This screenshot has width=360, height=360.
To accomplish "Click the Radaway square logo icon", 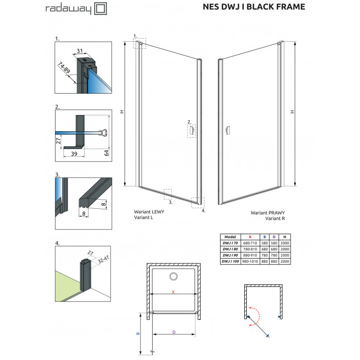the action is tap(101, 9).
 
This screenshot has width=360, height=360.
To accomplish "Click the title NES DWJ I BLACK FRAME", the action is tap(254, 7).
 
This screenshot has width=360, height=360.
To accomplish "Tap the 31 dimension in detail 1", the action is tap(80, 51).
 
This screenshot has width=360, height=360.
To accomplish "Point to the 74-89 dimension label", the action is tap(64, 67).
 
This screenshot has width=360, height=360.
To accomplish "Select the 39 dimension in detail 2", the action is tap(74, 154).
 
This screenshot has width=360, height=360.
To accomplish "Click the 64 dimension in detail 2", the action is tap(106, 153).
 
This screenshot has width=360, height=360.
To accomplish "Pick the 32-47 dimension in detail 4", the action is tap(103, 259).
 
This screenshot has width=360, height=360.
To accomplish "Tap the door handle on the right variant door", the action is tap(228, 130).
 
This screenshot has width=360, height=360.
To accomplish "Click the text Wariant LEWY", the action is tap(149, 212).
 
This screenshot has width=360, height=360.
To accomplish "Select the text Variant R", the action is tap(275, 219).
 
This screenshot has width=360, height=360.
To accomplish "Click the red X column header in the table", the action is tap(250, 237).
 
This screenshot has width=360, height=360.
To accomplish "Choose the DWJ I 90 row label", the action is tap(230, 255).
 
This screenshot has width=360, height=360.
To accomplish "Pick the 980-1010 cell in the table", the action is tap(250, 261).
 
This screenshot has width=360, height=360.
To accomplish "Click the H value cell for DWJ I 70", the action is tap(285, 243).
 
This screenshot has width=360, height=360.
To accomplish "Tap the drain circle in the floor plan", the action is tap(174, 276).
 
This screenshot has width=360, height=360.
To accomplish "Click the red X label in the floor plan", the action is tap(173, 292).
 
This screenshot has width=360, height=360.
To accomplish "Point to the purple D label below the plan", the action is tap(174, 332).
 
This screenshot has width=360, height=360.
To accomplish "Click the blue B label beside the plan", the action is tap(138, 333).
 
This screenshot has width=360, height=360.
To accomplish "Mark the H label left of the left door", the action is tap(122, 112).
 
